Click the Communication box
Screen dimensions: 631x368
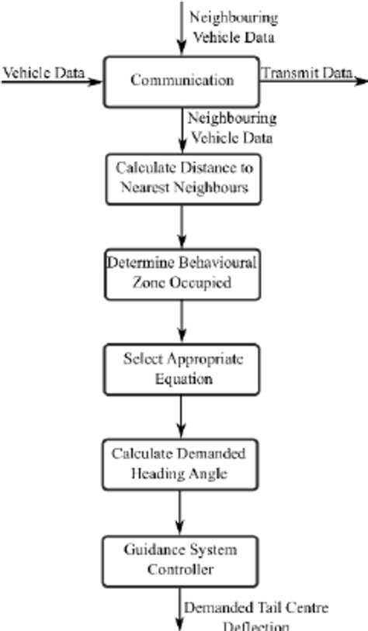181,81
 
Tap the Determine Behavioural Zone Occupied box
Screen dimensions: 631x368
181,273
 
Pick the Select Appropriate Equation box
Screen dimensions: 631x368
181,369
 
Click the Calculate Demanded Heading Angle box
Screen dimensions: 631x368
181,464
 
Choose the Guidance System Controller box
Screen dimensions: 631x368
181,560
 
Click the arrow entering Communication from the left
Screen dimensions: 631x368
51,81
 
